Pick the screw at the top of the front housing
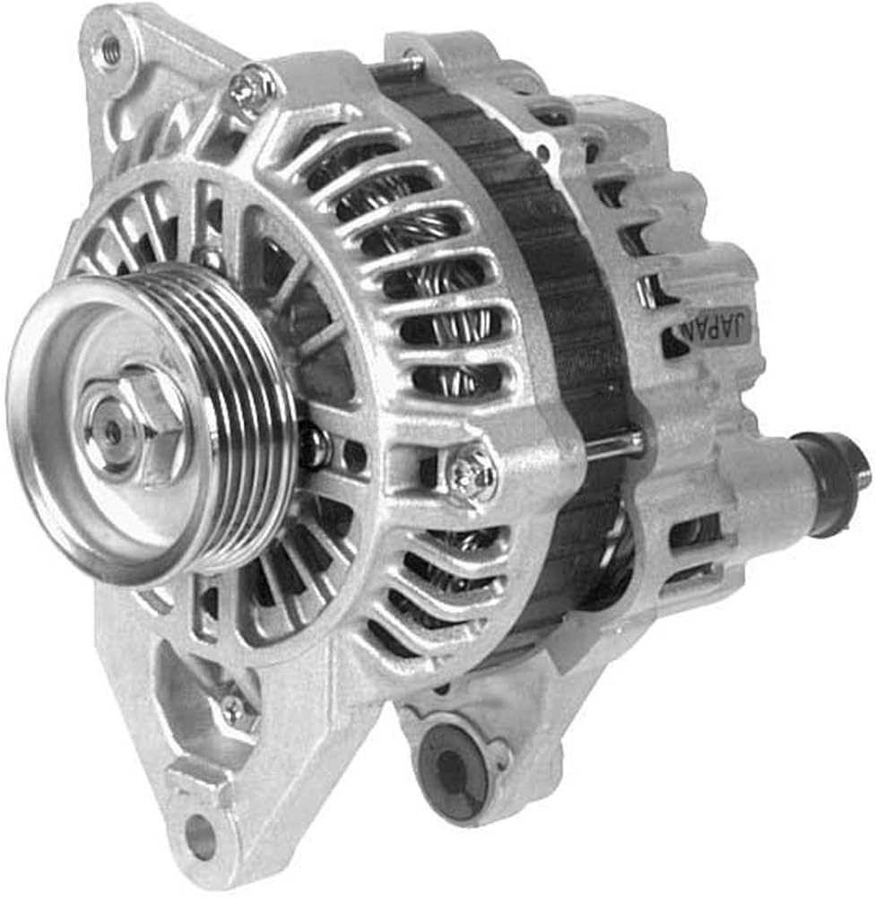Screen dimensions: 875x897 point(252,87)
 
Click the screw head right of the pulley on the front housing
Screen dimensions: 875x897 point(470,470)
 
